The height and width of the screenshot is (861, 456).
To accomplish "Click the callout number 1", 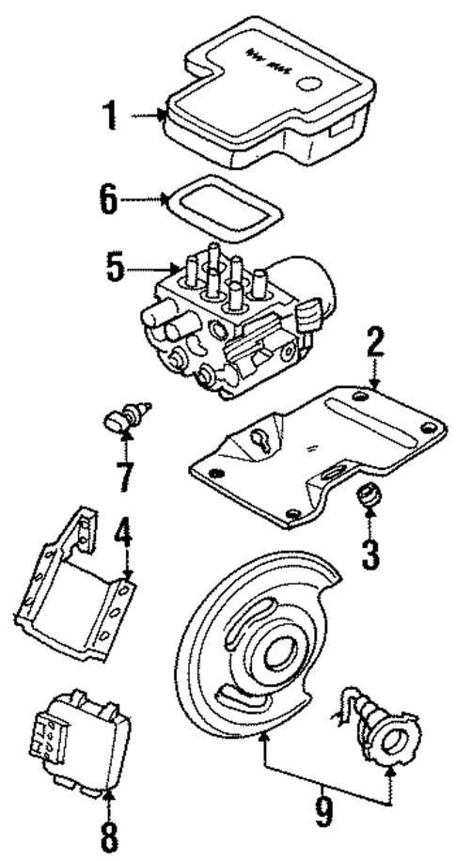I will click(x=111, y=117).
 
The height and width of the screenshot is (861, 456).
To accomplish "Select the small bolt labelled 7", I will click(x=126, y=416).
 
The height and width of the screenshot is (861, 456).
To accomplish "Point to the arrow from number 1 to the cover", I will click(x=149, y=116).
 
